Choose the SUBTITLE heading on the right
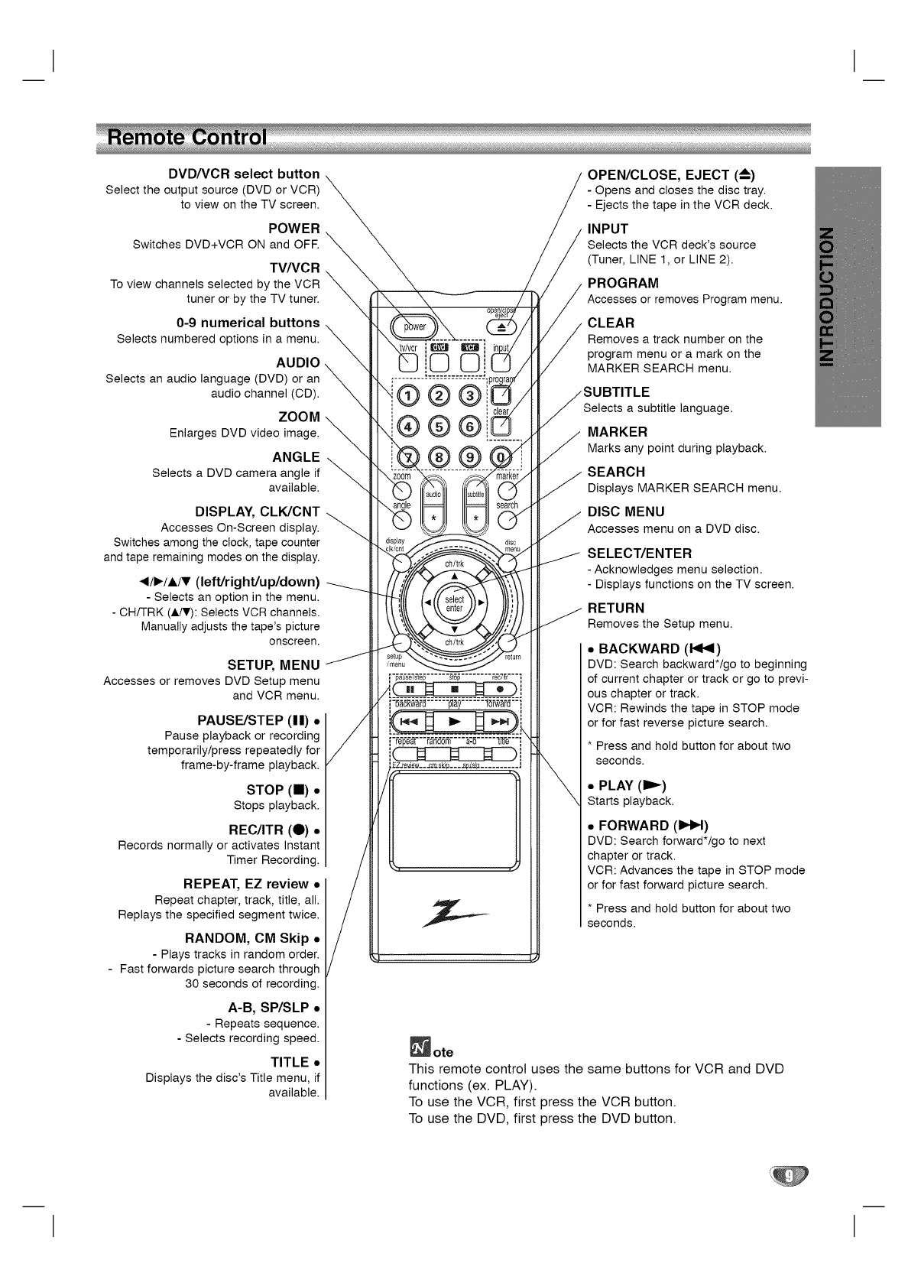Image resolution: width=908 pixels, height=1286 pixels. pos(617,392)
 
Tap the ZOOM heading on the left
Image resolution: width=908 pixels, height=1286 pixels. pos(299,417)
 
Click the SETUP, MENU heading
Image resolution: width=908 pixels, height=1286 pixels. pos(274,664)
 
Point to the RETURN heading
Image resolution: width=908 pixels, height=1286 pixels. pos(616,608)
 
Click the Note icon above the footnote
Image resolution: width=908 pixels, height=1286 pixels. pos(420,1047)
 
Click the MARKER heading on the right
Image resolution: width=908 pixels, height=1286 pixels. pos(618,432)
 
